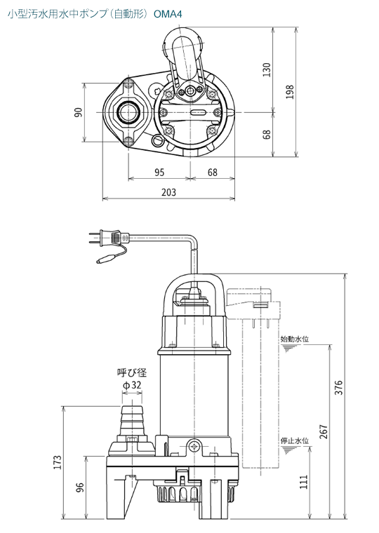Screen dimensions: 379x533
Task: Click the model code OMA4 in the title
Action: (x=168, y=14)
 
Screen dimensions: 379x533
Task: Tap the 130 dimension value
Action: (x=267, y=69)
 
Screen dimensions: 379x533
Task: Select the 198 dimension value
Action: (x=290, y=92)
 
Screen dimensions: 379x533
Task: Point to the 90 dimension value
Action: (x=79, y=112)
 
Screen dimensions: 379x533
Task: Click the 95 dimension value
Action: (x=159, y=173)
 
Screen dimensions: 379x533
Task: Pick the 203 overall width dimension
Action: (x=168, y=192)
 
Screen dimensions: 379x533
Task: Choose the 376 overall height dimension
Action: (x=338, y=388)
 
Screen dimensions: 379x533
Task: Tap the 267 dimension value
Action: (x=324, y=431)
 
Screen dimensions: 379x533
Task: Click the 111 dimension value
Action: (x=303, y=482)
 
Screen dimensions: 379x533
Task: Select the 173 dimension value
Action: (x=58, y=463)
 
